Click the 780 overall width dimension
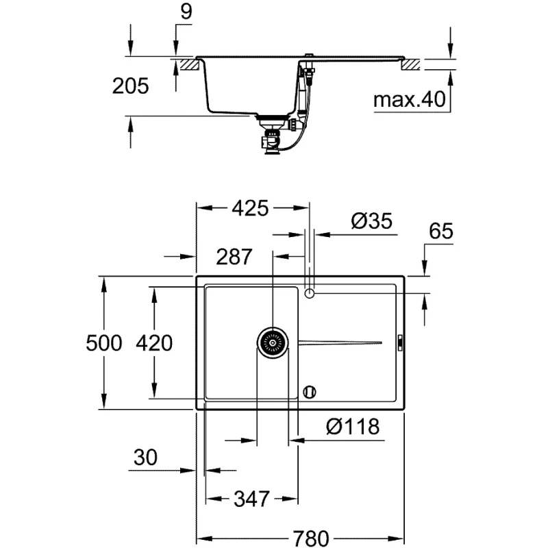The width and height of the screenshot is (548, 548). point(301,536)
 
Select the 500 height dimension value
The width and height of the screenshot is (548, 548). point(104,342)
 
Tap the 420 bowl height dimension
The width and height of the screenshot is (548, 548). point(153,342)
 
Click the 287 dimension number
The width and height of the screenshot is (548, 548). point(234,257)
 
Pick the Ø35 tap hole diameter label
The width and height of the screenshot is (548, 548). point(371,221)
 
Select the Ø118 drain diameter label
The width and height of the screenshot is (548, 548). point(352,427)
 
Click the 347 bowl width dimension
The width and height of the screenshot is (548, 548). point(250,499)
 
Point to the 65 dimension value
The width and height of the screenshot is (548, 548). point(441,232)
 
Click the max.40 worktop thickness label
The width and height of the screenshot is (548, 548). point(409,100)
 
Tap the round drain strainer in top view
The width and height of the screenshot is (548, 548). point(272,341)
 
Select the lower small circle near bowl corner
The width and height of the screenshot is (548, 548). point(309,392)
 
